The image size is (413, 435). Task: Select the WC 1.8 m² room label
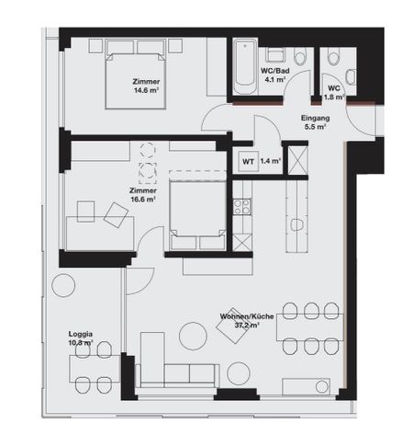(332, 92)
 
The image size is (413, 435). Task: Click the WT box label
(247, 161)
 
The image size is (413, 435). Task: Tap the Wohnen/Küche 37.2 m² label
(237, 321)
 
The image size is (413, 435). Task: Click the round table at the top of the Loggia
(63, 286)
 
